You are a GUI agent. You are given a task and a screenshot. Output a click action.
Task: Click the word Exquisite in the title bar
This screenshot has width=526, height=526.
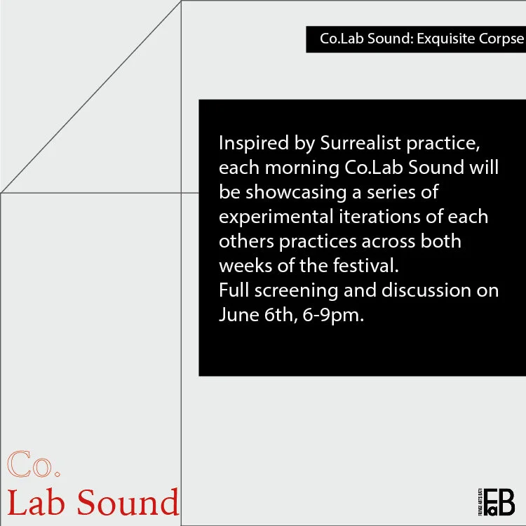tap(449, 39)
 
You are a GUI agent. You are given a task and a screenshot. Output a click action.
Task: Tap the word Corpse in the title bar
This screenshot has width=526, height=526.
tap(503, 39)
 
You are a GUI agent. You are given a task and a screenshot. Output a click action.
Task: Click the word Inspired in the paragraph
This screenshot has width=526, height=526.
tap(252, 144)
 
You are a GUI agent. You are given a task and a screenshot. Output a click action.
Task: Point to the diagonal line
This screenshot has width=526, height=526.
tap(91, 96)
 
